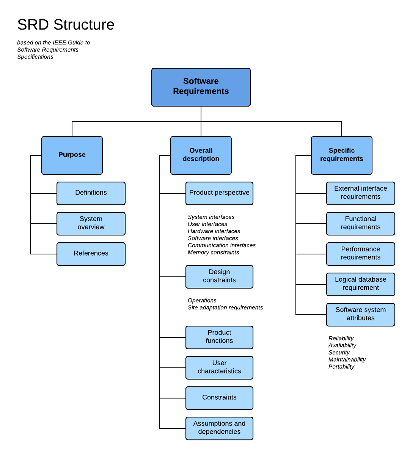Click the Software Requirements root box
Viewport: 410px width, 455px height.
click(201, 87)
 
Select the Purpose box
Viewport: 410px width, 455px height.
click(72, 155)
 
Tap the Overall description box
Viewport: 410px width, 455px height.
click(201, 155)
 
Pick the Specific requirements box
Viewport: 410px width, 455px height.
click(341, 155)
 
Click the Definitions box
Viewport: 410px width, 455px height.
click(91, 193)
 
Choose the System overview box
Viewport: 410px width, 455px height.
click(91, 223)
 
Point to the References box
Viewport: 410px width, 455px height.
click(91, 254)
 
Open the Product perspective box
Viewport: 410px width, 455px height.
click(219, 193)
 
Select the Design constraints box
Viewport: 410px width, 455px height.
click(219, 276)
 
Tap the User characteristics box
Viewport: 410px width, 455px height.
click(219, 367)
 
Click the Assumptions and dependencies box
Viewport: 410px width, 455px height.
click(219, 428)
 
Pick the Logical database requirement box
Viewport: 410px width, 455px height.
click(360, 284)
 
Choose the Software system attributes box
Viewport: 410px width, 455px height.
click(360, 314)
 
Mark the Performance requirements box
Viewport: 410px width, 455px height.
click(360, 254)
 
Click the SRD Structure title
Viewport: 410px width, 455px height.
click(66, 25)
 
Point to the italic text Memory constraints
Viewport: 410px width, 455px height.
click(213, 253)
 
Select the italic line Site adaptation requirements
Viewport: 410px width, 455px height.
click(225, 308)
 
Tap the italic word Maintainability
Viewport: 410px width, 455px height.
click(347, 359)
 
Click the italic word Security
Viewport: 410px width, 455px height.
click(339, 353)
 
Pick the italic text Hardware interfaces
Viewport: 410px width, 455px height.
click(214, 231)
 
